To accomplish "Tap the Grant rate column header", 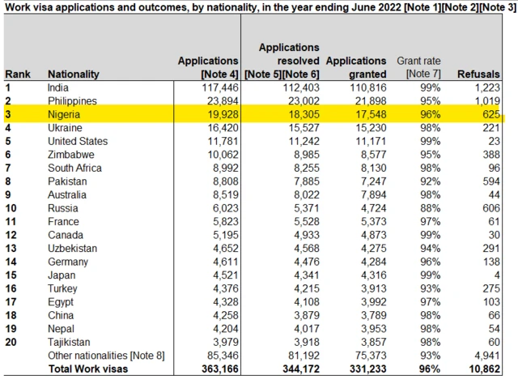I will point(418,67).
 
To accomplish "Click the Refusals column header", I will point(478,75).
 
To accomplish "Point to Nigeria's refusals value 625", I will point(490,115).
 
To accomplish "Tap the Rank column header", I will point(18,75).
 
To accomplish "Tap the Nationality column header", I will point(74,75).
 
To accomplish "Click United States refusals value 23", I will point(493,141).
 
